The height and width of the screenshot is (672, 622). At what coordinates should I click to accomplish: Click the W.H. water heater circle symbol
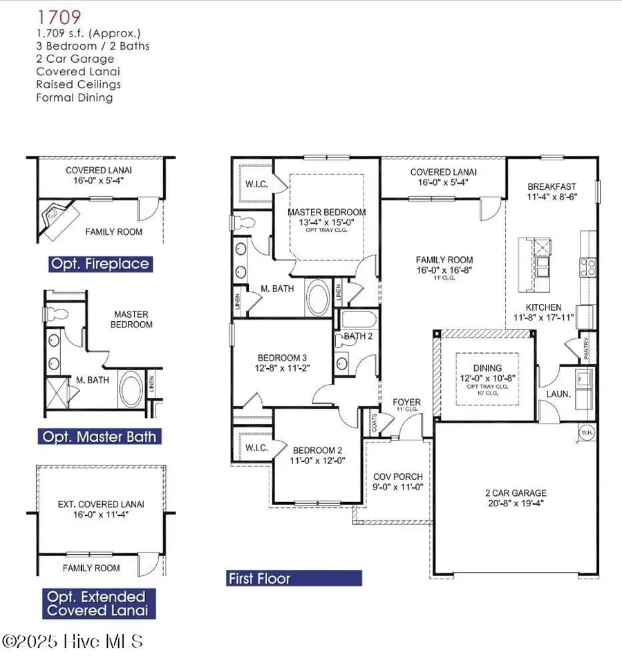(587, 433)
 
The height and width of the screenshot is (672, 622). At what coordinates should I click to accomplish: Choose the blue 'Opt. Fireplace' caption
(99, 264)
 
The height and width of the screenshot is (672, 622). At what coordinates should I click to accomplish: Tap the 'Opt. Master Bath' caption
(99, 436)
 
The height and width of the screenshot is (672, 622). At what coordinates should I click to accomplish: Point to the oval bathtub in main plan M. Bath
(319, 296)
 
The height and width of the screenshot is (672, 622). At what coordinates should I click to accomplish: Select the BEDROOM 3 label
(281, 358)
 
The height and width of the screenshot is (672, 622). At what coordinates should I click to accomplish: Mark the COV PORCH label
(398, 477)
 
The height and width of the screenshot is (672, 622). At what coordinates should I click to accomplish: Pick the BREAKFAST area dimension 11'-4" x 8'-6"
(552, 196)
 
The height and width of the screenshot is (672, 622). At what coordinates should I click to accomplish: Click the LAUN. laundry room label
(558, 394)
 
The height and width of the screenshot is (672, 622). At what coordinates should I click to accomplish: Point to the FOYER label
(406, 403)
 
